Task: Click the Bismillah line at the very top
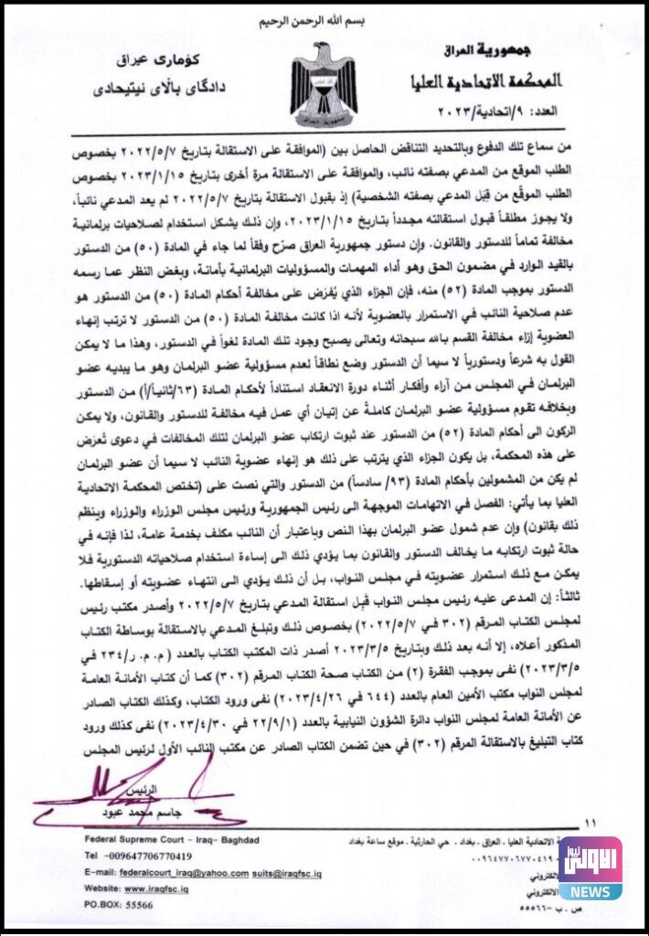pyautogui.click(x=324, y=20)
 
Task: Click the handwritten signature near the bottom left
pyautogui.click(x=137, y=788)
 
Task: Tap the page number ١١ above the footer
pyautogui.click(x=590, y=824)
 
